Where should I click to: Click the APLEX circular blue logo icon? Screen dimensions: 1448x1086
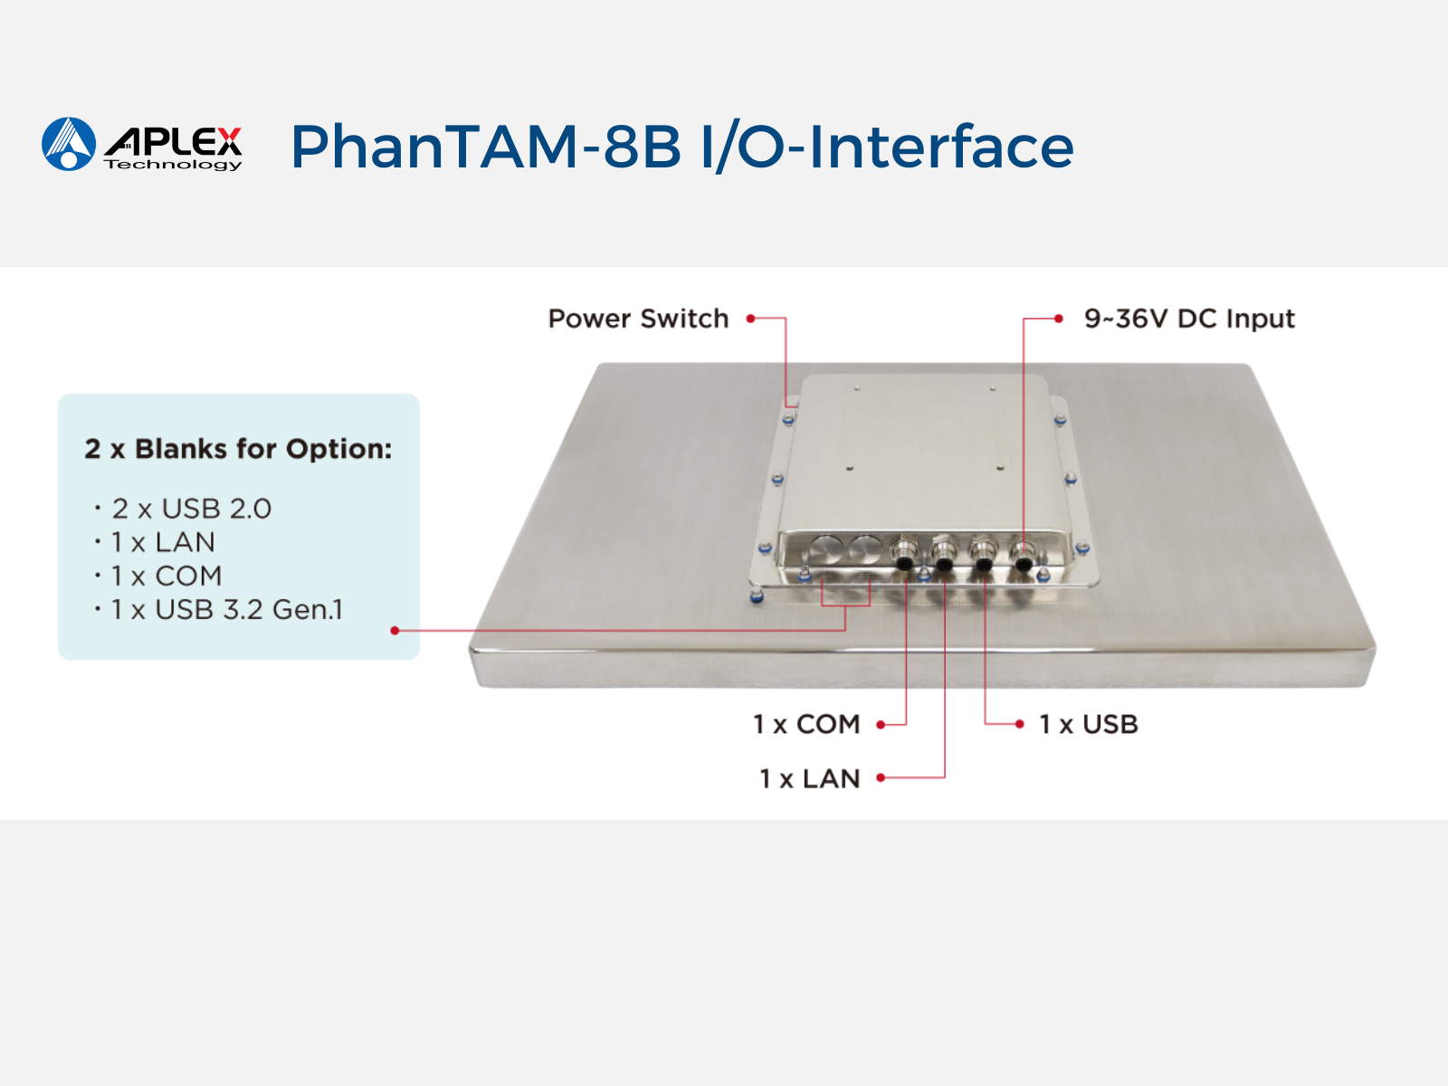pyautogui.click(x=69, y=144)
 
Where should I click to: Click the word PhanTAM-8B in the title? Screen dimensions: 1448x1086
pyautogui.click(x=485, y=147)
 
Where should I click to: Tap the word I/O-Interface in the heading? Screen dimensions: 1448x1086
pyautogui.click(x=887, y=147)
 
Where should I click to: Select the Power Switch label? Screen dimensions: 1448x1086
pyautogui.click(x=639, y=319)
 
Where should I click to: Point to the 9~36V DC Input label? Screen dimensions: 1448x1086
pyautogui.click(x=1189, y=319)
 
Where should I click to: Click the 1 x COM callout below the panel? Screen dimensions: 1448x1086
pyautogui.click(x=806, y=724)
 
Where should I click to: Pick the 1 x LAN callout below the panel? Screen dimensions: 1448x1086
pyautogui.click(x=810, y=778)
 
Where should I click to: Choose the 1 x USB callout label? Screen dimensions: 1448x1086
pyautogui.click(x=1089, y=724)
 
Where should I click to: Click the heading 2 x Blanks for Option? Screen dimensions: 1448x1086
pyautogui.click(x=238, y=449)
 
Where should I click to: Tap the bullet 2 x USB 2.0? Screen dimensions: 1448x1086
pyautogui.click(x=191, y=509)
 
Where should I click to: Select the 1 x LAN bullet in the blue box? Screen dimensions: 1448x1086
pyautogui.click(x=163, y=543)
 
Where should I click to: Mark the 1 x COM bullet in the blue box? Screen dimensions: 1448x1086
pyautogui.click(x=167, y=576)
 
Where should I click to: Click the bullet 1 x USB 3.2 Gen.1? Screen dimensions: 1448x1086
pyautogui.click(x=227, y=610)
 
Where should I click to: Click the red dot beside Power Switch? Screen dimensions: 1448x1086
pyautogui.click(x=750, y=319)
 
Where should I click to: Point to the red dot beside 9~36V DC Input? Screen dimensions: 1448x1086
pyautogui.click(x=1059, y=319)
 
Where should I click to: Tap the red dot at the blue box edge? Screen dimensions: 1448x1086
pyautogui.click(x=395, y=631)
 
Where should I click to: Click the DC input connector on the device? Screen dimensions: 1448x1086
pyautogui.click(x=1023, y=555)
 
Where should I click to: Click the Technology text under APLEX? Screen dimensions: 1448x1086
pyautogui.click(x=173, y=164)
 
